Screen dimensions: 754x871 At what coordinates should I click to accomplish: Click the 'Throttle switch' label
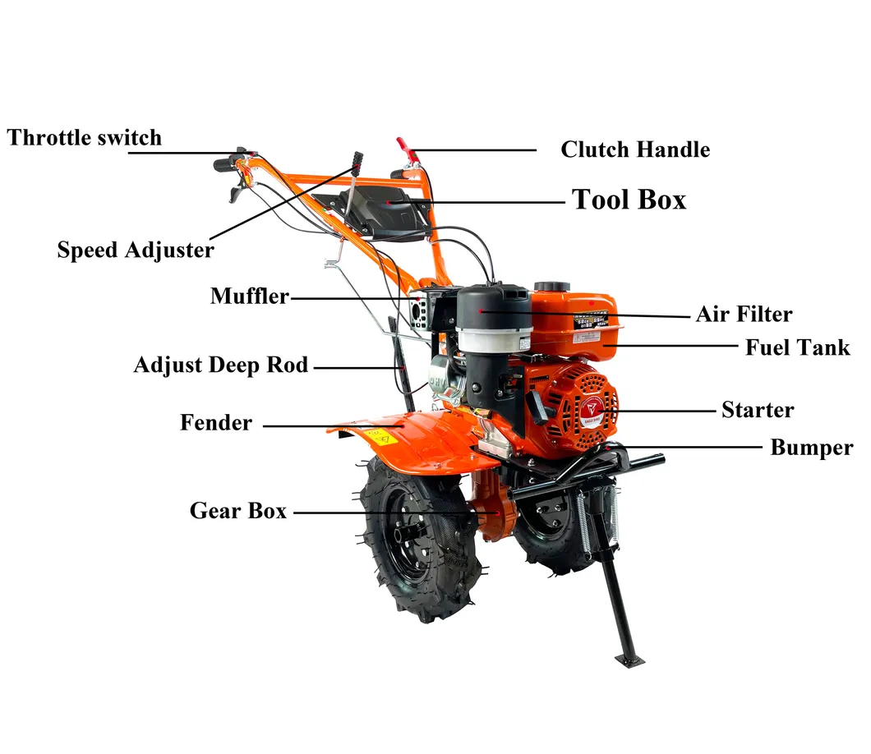coord(85,137)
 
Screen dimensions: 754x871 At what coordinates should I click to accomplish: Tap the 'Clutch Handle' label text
coord(635,149)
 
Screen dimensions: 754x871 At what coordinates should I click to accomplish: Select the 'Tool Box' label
coord(629,200)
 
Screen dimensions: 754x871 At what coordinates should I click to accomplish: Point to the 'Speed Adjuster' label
coord(136,250)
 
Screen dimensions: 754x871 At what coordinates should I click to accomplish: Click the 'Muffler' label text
coord(249,296)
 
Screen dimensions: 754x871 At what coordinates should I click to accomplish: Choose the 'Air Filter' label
coord(744,314)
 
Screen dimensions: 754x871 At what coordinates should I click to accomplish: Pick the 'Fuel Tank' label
coord(797,347)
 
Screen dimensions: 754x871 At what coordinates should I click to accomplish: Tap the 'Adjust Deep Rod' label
coord(220,365)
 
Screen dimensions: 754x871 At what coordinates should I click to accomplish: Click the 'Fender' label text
coord(216,423)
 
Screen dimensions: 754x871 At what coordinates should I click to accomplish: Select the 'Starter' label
coord(757,410)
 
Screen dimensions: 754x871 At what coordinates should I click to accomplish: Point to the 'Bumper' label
coord(811,448)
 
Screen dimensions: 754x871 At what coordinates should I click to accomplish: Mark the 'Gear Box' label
coord(238,511)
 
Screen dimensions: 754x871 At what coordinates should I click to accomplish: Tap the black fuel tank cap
coord(551,288)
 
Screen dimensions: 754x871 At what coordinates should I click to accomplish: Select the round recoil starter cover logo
coord(589,409)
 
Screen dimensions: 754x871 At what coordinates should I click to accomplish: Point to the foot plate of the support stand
coord(629,660)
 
